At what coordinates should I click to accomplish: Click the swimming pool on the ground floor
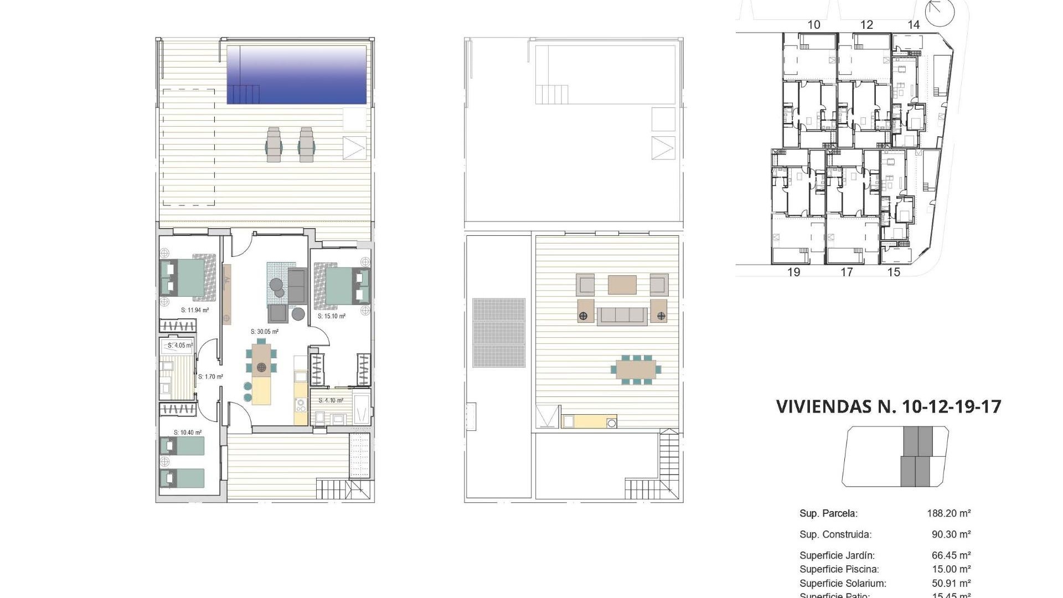297,75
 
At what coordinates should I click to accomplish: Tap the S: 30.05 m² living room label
265,332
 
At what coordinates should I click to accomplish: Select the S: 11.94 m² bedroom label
195,310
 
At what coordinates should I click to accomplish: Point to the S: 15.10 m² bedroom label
332,316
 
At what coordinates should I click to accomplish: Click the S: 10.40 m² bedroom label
188,432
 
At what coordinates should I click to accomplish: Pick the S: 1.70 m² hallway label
210,377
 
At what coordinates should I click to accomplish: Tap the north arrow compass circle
940,12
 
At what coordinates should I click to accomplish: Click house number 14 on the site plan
914,24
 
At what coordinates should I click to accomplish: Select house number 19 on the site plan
793,272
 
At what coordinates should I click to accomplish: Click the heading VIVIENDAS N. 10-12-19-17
889,406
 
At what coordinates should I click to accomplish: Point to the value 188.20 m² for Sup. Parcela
949,513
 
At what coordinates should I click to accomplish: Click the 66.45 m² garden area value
951,555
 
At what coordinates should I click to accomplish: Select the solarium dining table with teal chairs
636,369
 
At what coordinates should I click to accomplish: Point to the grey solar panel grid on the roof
499,333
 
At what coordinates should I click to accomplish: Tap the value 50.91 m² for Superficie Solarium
951,583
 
